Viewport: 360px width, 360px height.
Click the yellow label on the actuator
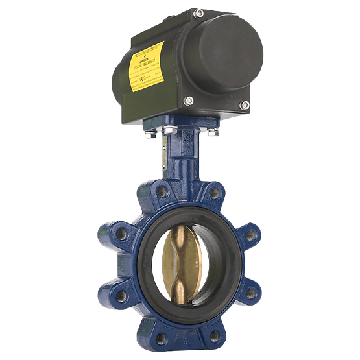(x=147, y=64)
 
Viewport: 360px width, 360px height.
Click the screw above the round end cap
(x=198, y=13)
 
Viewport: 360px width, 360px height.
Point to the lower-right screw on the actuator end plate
(x=245, y=104)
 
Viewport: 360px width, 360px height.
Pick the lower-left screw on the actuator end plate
(x=189, y=101)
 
